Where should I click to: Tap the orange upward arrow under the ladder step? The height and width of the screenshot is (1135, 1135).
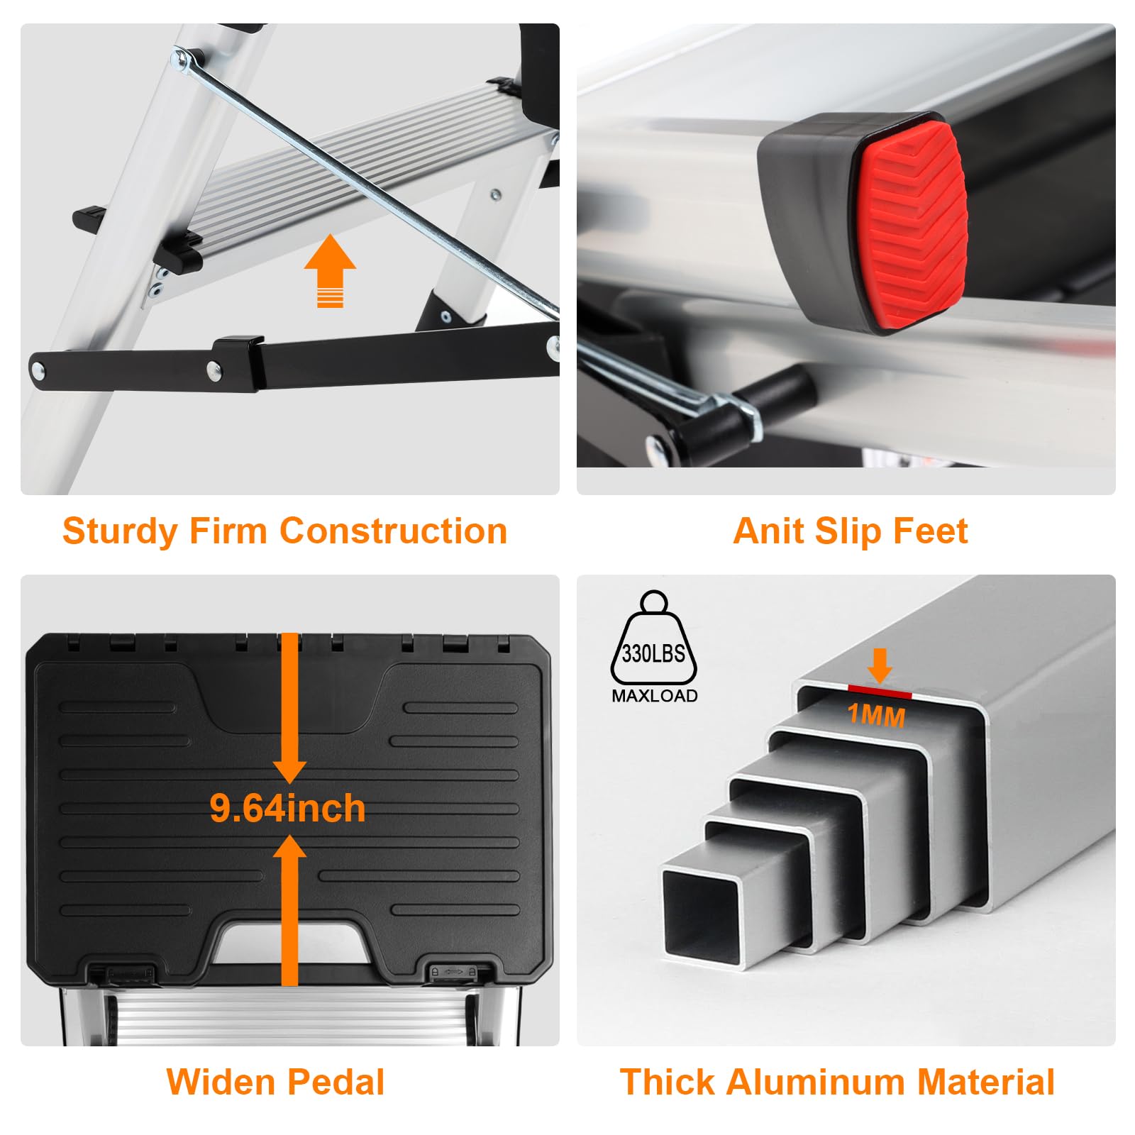pos(330,271)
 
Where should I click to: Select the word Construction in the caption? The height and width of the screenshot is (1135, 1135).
pos(393,531)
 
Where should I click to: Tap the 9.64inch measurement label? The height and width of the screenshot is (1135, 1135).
pos(287,808)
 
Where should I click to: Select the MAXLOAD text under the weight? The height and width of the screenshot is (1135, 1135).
pos(654,696)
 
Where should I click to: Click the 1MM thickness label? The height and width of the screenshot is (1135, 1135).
pos(877,715)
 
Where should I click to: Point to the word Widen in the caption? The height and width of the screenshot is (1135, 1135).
pos(220,1082)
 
